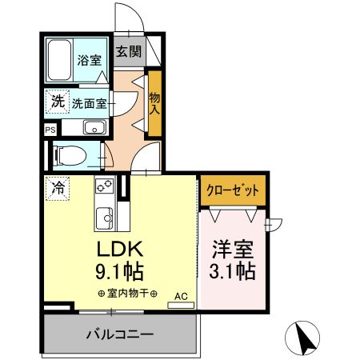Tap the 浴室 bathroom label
[88, 61]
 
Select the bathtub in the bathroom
[60, 59]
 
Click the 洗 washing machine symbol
[57, 102]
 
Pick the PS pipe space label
[50, 129]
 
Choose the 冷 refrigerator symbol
[59, 190]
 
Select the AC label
[180, 295]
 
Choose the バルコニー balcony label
[120, 334]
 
